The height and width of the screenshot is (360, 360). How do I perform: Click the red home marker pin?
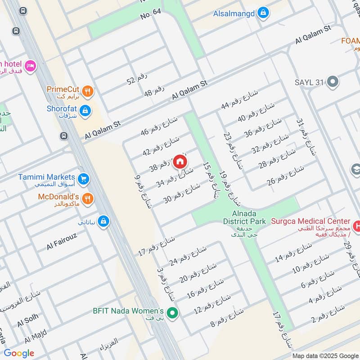[180, 161]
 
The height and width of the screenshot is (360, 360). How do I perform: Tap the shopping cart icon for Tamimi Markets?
[83, 180]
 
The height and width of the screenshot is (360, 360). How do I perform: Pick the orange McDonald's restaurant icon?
[88, 198]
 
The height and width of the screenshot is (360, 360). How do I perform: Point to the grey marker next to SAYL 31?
[333, 82]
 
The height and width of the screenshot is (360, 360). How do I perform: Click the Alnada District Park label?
[245, 217]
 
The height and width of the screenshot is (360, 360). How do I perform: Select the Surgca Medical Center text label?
[310, 221]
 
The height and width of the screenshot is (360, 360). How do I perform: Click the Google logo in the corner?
[19, 353]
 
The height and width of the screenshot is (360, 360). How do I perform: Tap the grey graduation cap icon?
[356, 170]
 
